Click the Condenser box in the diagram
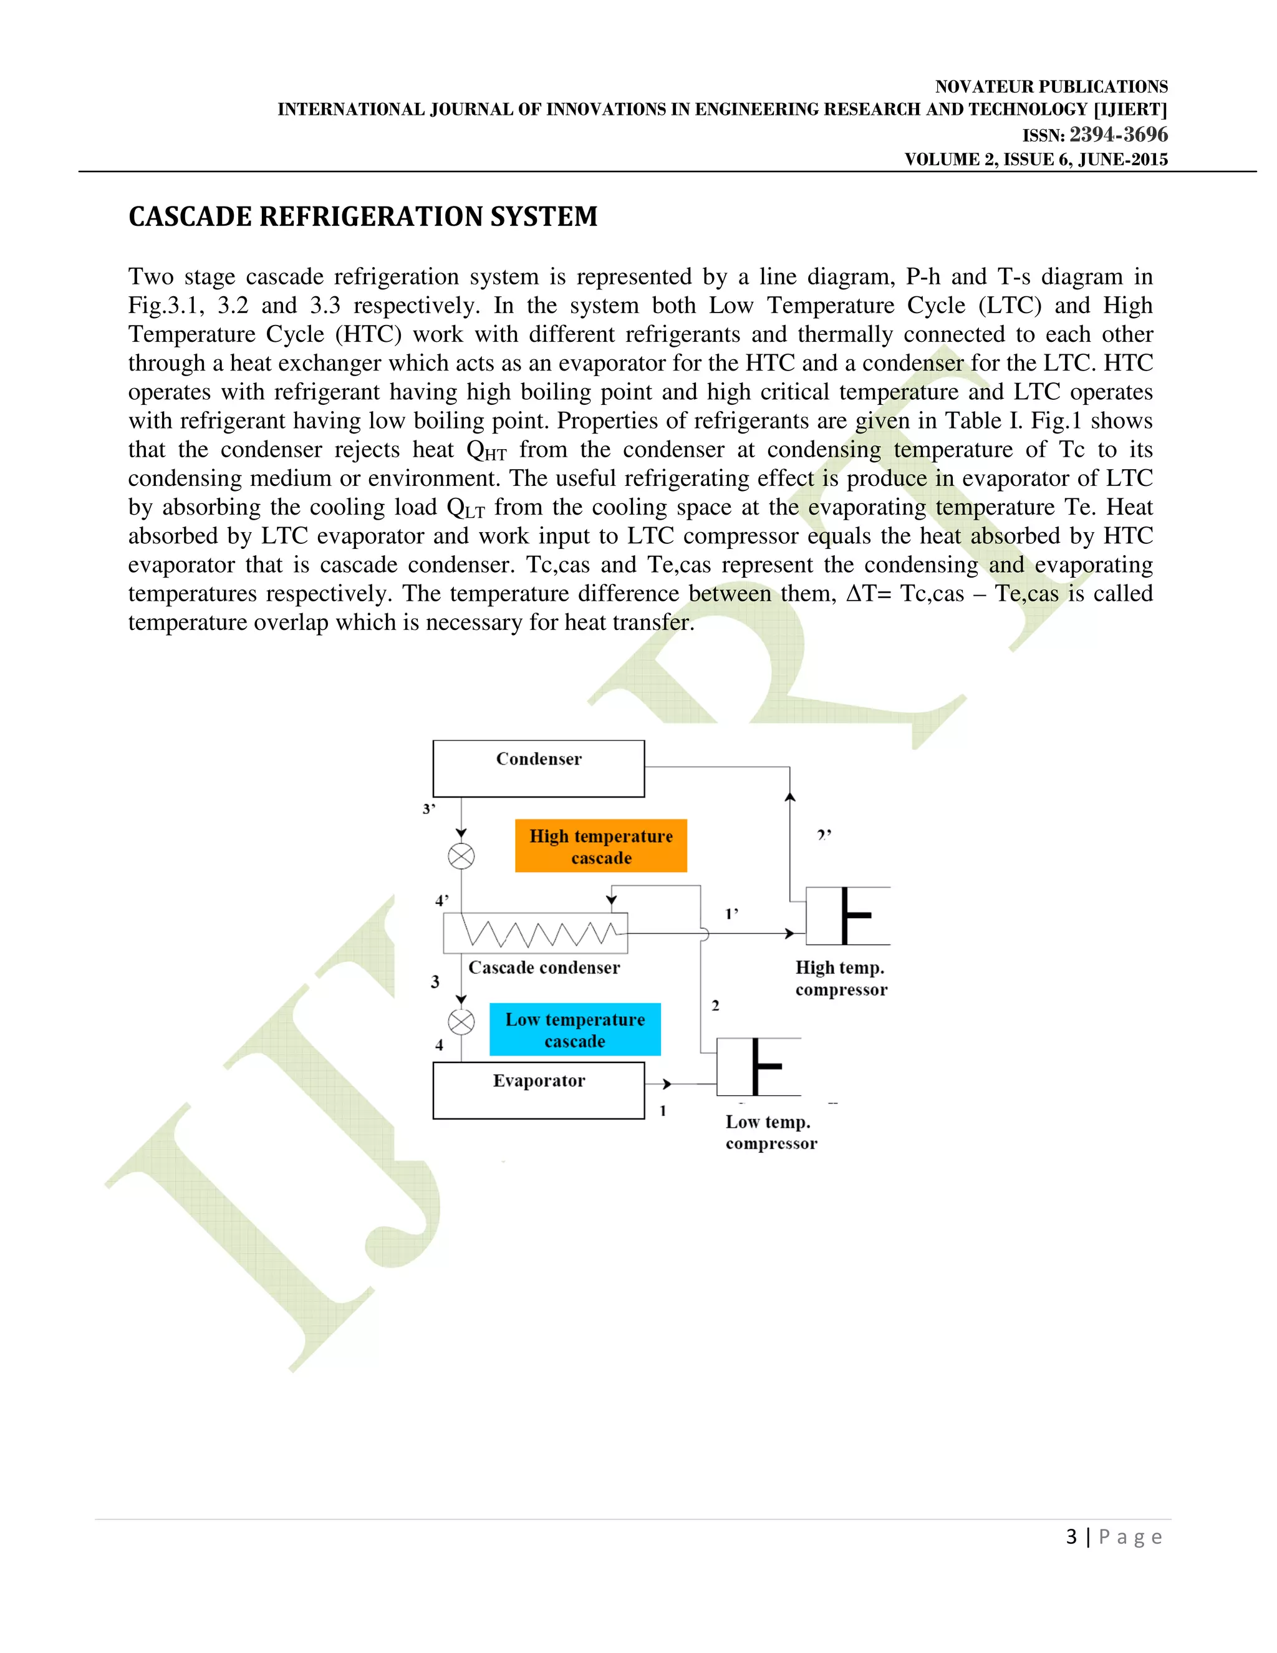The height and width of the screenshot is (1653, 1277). pyautogui.click(x=538, y=768)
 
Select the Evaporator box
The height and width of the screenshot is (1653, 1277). pyautogui.click(x=538, y=1090)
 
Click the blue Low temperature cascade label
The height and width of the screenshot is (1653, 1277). pyautogui.click(x=575, y=1029)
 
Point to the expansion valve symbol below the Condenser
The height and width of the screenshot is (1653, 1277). pyautogui.click(x=461, y=857)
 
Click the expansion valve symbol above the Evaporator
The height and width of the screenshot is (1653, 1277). pyautogui.click(x=461, y=1022)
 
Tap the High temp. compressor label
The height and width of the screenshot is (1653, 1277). pyautogui.click(x=841, y=978)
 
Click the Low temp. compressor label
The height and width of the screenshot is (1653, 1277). pyautogui.click(x=771, y=1132)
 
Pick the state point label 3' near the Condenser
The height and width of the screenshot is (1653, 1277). pyautogui.click(x=429, y=809)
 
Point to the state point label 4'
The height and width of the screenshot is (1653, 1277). pyautogui.click(x=442, y=901)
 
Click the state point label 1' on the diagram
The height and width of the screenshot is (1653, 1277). pyautogui.click(x=731, y=914)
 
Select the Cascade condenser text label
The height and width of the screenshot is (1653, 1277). pyautogui.click(x=544, y=967)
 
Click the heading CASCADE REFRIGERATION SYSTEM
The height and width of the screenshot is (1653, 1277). pyautogui.click(x=362, y=216)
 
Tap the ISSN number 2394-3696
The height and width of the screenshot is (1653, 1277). pyautogui.click(x=1118, y=135)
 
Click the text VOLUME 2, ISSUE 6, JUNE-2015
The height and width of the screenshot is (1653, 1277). pyautogui.click(x=1036, y=160)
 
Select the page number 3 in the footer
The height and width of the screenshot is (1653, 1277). pyautogui.click(x=1071, y=1536)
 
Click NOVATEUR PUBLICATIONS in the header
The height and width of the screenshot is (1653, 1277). pyautogui.click(x=1051, y=86)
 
